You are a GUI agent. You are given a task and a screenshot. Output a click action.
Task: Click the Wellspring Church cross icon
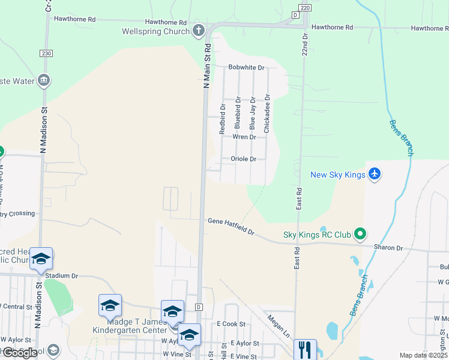pos(199,31)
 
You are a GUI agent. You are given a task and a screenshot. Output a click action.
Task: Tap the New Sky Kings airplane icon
pos(375,174)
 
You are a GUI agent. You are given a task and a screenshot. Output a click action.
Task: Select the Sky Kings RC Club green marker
pos(360,233)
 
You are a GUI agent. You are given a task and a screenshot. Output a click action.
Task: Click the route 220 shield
pos(306,8)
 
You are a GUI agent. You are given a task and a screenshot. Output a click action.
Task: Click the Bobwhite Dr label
pos(246,68)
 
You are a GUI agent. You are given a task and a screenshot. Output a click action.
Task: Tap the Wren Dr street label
pos(244,137)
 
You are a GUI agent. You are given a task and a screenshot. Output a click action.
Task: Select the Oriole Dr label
pos(244,159)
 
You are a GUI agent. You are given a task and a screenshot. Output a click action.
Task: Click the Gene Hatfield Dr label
pos(231,226)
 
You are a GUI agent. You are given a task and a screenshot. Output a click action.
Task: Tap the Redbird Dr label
pos(223,119)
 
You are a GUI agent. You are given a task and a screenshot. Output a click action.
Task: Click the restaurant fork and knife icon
pos(305,349)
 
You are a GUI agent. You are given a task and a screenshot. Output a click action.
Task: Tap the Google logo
pos(19,353)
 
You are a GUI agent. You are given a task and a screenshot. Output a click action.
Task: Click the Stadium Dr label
pos(62,275)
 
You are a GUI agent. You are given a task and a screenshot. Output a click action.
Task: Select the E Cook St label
pos(231,324)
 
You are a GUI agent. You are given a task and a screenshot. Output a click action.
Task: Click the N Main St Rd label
pos(208,66)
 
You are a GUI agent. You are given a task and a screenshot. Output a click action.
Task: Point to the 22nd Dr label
pos(305,45)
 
